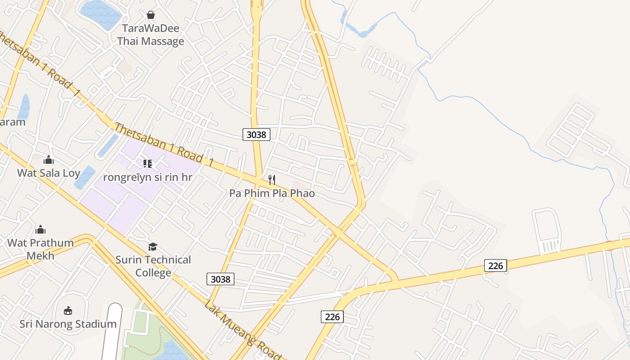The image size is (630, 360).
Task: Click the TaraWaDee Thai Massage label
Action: tap(151, 35)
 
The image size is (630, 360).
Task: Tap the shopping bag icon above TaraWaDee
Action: tap(151, 15)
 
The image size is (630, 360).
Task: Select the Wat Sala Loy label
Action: tap(49, 173)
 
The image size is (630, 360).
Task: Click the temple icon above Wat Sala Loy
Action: tap(49, 160)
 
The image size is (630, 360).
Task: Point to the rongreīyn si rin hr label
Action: tap(148, 177)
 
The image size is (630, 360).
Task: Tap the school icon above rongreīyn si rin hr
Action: tap(148, 164)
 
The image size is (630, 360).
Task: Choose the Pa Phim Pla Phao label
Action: tap(272, 193)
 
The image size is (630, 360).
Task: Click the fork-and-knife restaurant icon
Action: tap(272, 180)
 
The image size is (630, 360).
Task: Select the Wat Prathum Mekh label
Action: tap(40, 249)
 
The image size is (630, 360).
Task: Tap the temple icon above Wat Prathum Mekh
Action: tap(40, 229)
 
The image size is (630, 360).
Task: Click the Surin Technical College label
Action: tap(153, 266)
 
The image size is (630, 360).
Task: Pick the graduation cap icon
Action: tap(153, 247)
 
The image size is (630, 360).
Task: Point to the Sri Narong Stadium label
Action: tap(68, 324)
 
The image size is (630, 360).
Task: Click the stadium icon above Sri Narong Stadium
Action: tap(68, 310)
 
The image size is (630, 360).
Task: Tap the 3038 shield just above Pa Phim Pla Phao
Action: tap(256, 134)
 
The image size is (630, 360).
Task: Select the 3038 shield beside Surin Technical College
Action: tap(220, 279)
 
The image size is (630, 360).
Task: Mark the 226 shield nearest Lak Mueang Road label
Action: tap(332, 316)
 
